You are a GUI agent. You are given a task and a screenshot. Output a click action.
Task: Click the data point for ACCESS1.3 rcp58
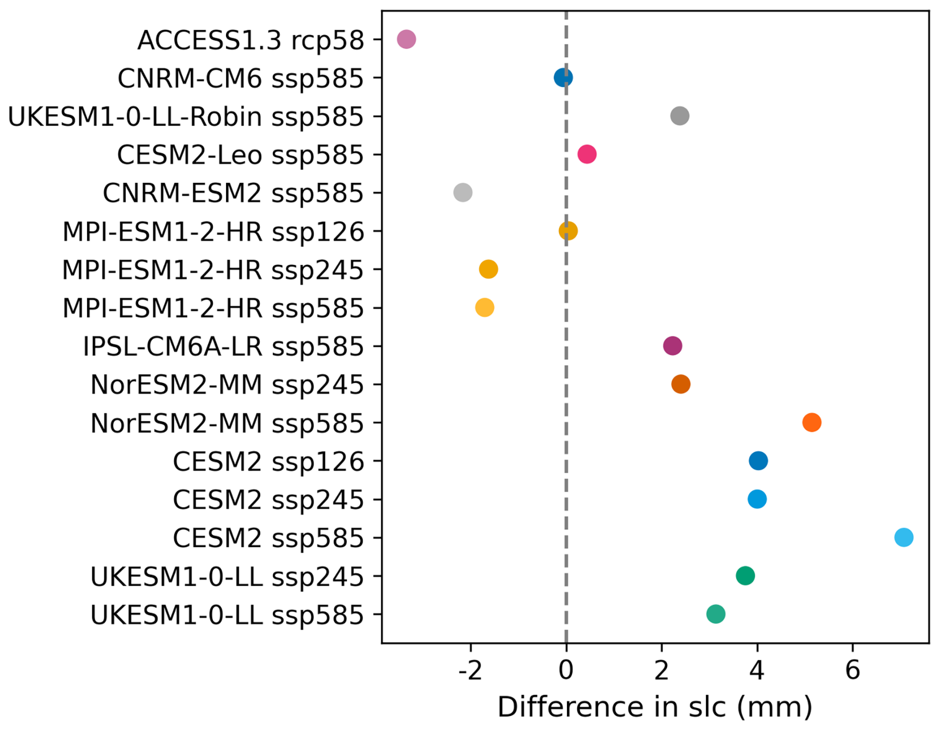pos(406,39)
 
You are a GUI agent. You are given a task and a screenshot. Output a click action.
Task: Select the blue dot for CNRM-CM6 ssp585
pos(563,78)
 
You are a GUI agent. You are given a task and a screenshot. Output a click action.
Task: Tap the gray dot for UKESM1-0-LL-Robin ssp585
pos(680,116)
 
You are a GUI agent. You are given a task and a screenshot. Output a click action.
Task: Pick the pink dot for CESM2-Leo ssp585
pos(587,154)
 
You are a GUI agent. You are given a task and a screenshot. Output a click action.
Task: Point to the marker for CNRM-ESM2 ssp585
pos(463,192)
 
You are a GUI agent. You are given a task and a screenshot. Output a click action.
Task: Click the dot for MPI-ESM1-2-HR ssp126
pos(568,231)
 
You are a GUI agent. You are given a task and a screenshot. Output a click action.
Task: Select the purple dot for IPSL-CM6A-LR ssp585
pos(672,345)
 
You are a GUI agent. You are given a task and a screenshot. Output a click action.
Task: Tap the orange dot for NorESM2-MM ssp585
pos(811,422)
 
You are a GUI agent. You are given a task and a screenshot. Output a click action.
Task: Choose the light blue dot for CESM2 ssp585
pos(904,537)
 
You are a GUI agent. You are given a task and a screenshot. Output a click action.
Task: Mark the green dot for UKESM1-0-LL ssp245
pos(745,575)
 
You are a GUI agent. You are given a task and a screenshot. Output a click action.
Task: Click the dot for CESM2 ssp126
pos(758,461)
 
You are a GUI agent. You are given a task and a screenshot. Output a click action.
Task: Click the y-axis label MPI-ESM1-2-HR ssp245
pos(213,270)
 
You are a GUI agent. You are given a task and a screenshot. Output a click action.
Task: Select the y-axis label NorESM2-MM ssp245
pos(227,385)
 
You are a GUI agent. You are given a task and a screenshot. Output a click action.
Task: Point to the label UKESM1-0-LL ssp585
pos(227,615)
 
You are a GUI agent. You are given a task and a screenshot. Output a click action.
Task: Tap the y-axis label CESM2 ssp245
pos(268,500)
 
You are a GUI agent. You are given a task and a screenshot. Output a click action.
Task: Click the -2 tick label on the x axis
pos(470,670)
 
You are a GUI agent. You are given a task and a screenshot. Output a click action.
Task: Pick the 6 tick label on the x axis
pos(853,670)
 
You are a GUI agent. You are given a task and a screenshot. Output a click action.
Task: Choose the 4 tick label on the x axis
pos(757,670)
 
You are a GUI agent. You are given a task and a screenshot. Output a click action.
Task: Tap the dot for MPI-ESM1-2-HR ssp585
pos(484,307)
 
